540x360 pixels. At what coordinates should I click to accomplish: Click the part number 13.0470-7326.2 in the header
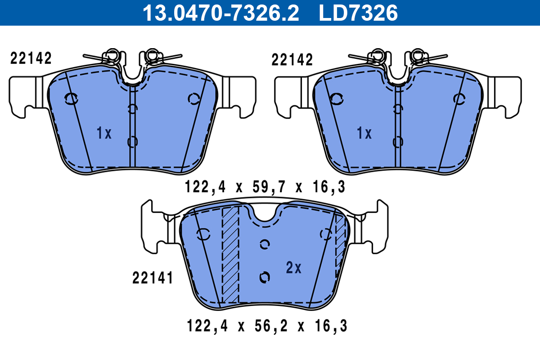(220, 13)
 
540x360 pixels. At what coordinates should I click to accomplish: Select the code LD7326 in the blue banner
(358, 13)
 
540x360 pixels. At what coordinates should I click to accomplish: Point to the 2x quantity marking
(293, 268)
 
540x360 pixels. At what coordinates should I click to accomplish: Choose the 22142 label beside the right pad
(292, 59)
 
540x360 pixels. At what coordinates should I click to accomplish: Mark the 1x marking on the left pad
(103, 133)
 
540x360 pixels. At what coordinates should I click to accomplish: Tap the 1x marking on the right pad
(364, 133)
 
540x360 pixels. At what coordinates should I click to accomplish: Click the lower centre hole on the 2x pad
(265, 277)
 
